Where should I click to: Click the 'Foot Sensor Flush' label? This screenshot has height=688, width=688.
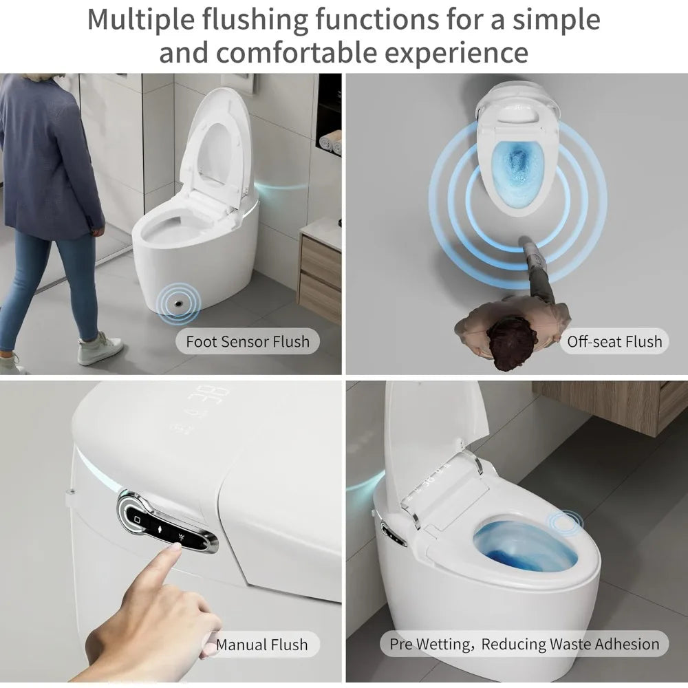coord(248,341)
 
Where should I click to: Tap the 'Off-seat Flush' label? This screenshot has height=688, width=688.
coord(614,341)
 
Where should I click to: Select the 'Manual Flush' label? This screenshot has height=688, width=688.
coord(262,645)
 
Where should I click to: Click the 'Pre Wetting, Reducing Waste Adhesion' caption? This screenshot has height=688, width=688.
coord(524,644)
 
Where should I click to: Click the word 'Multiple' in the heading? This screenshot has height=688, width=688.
coord(141,20)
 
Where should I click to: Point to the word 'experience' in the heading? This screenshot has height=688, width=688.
coord(456,52)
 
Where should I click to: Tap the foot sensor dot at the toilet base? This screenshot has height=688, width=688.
coord(179,303)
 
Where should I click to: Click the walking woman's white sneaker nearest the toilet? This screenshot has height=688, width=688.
coord(100,348)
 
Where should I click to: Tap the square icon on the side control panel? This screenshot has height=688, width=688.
coord(137,519)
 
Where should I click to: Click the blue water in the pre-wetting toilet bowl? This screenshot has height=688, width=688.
coord(525,547)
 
